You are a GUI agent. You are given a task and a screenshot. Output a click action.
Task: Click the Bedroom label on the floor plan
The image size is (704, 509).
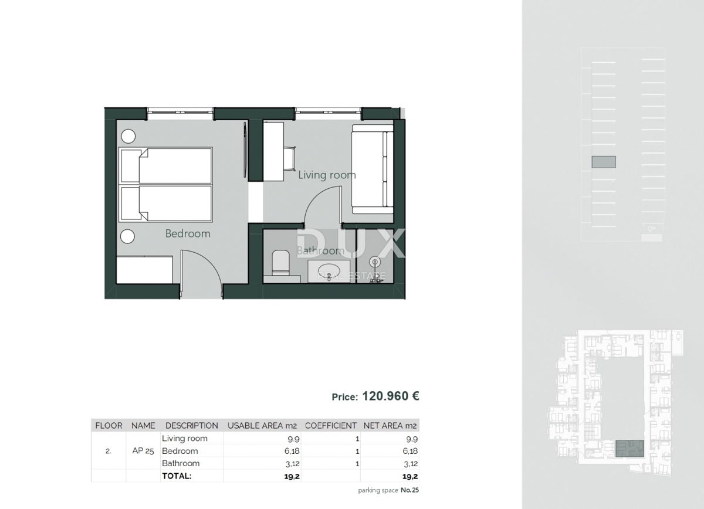[x=187, y=233]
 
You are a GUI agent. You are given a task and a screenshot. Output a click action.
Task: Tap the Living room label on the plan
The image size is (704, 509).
[x=327, y=175]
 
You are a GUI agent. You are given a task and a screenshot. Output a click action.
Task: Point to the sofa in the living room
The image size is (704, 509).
[x=372, y=169]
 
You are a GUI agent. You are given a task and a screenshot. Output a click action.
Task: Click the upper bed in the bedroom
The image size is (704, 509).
[x=166, y=165]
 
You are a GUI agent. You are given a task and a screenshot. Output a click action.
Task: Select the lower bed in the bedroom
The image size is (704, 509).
[x=166, y=203]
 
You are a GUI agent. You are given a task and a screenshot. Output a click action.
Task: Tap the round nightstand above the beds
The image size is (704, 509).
[x=128, y=136]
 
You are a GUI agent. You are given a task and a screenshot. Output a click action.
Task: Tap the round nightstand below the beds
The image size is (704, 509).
[x=128, y=237]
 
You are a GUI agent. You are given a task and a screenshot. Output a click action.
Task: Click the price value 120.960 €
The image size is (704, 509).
[x=390, y=396]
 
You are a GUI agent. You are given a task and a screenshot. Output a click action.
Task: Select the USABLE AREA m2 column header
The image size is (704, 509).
[x=263, y=426]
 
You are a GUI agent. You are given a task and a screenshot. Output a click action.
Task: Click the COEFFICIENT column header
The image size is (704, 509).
[x=331, y=426]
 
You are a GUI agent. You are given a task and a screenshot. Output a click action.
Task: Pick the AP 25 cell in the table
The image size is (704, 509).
[x=143, y=451]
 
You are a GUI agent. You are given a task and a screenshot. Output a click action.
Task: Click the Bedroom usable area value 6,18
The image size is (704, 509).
[x=291, y=451]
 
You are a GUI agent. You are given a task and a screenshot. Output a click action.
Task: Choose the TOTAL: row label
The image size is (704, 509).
[x=177, y=476]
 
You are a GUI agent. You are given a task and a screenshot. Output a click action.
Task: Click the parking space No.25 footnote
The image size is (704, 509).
[x=389, y=490]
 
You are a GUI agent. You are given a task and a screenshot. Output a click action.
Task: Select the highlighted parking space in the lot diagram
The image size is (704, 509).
[x=603, y=162]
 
